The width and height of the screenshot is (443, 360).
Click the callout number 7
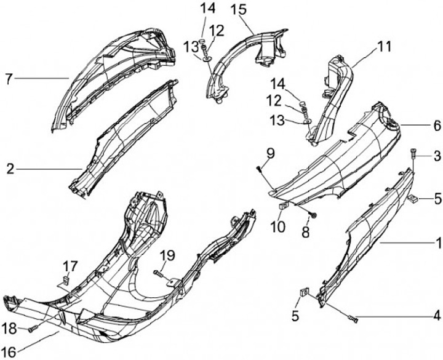coord(8,79)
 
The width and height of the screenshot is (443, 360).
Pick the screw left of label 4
coord(353,318)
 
